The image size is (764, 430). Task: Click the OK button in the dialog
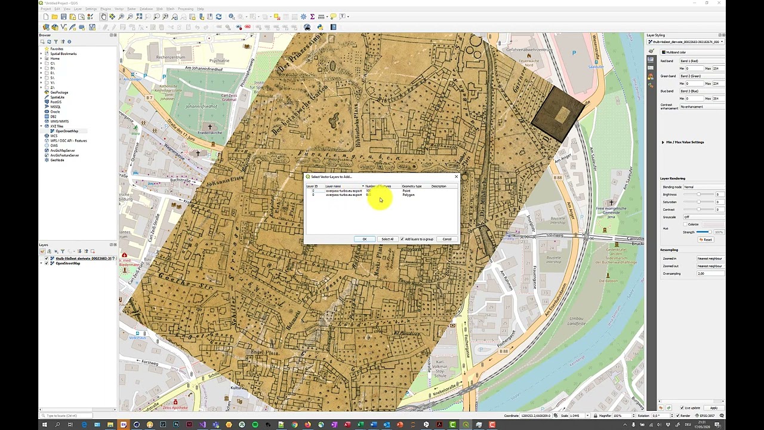point(364,239)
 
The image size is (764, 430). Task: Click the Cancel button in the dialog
point(446,239)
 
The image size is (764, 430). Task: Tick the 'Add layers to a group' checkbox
point(402,239)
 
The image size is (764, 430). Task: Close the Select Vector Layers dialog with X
point(456,176)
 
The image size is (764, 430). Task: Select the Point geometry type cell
point(406,191)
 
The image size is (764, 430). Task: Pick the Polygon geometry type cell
point(408,195)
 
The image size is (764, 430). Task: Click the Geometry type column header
point(411,186)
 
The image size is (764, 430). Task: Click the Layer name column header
point(333,186)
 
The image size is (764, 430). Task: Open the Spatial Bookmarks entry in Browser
point(63,54)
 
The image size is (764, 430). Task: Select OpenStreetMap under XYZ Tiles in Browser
point(67,131)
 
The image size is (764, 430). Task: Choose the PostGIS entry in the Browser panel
point(56,102)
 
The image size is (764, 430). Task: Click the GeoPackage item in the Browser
point(59,93)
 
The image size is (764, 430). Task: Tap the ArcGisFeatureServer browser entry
point(64,155)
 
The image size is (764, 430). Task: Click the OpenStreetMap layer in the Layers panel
point(68,263)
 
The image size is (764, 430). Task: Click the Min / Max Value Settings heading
point(685,142)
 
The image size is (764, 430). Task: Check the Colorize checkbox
point(685,225)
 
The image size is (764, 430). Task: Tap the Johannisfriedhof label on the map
point(201,107)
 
